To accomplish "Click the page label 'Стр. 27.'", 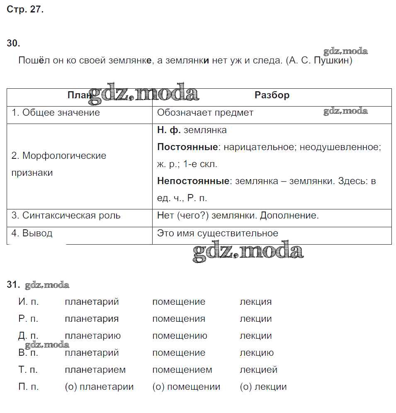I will [x=25, y=10].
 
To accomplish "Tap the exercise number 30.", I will [x=13, y=43].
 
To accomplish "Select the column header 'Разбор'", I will [x=272, y=95].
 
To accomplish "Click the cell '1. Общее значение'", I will [x=56, y=113].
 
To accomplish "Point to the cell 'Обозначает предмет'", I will [x=205, y=113].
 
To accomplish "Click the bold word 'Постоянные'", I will [x=187, y=147].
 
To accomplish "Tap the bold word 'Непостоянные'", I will [x=193, y=181].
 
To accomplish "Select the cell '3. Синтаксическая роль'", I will [x=66, y=216].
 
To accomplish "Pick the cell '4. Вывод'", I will [x=32, y=233].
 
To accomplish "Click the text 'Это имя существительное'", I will [x=218, y=233].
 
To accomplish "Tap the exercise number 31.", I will [x=13, y=285].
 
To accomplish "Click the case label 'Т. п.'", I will [x=29, y=370].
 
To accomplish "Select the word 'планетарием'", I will [x=95, y=370].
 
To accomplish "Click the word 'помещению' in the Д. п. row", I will [x=180, y=336].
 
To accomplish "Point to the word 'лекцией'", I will [x=258, y=370].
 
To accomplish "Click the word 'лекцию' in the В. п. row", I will [x=256, y=353].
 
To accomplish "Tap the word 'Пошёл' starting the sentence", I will [x=32, y=61].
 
